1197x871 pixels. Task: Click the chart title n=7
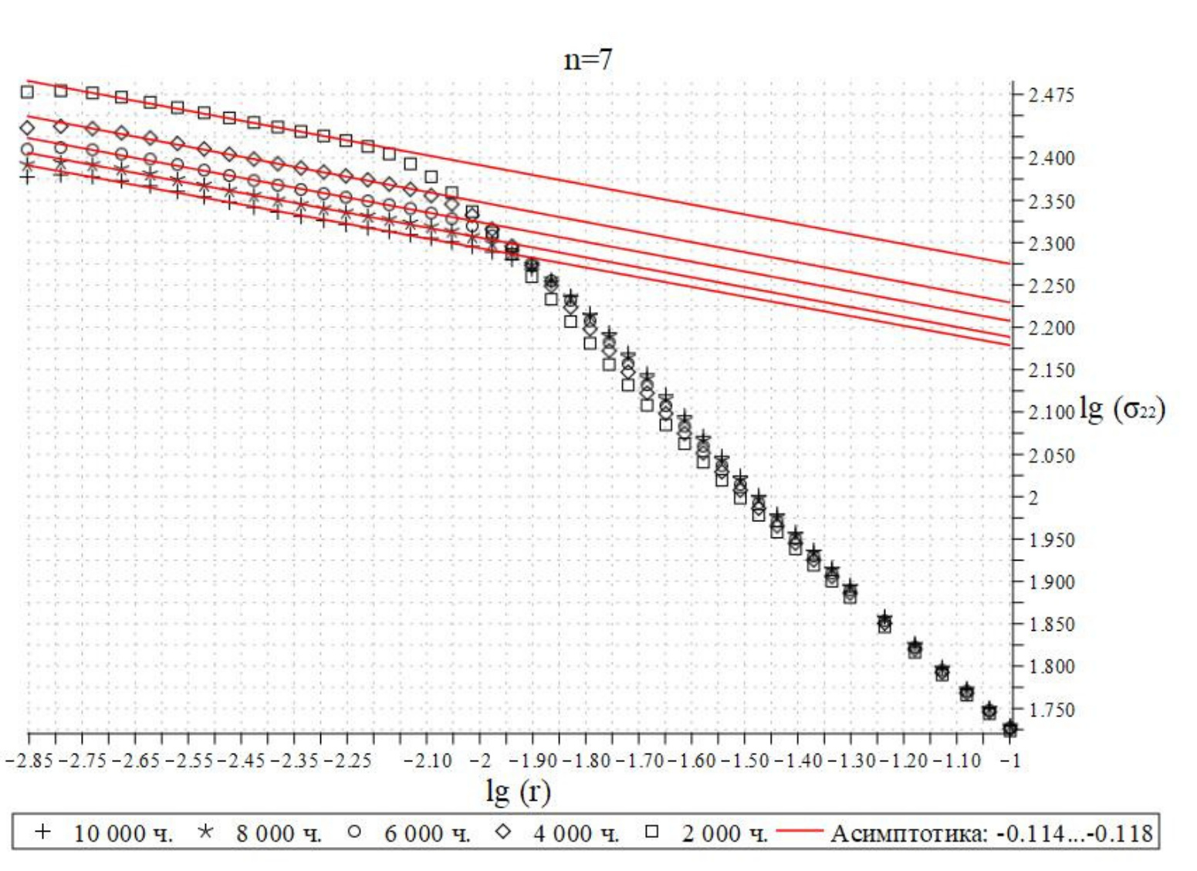click(588, 59)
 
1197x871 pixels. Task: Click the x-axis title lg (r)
click(518, 791)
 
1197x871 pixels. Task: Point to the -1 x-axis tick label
click(1011, 761)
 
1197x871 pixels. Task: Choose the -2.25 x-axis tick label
click(348, 761)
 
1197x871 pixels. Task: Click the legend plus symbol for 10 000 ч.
click(43, 832)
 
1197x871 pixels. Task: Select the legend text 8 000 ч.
click(278, 833)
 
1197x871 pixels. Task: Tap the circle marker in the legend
click(354, 832)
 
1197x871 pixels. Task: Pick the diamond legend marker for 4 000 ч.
click(503, 832)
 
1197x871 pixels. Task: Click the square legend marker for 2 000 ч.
click(652, 832)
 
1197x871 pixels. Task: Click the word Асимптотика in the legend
click(908, 833)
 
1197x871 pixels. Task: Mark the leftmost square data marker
click(28, 93)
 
